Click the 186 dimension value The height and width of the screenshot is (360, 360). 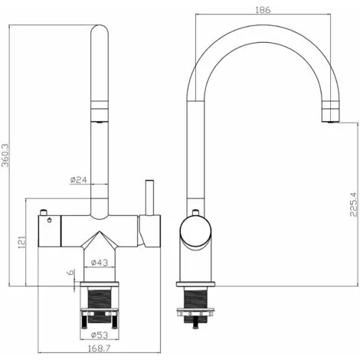(263, 10)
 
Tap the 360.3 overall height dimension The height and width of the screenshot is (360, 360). (5, 155)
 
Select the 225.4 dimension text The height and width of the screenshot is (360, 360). (354, 205)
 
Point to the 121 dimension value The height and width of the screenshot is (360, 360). (22, 242)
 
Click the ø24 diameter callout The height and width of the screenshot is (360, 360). (79, 180)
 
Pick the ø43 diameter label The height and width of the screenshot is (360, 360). (100, 263)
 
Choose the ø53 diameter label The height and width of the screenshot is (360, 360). (100, 335)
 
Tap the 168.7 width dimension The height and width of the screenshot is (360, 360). (100, 348)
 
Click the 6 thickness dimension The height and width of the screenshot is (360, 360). (70, 273)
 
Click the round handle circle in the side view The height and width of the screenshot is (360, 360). (195, 229)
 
